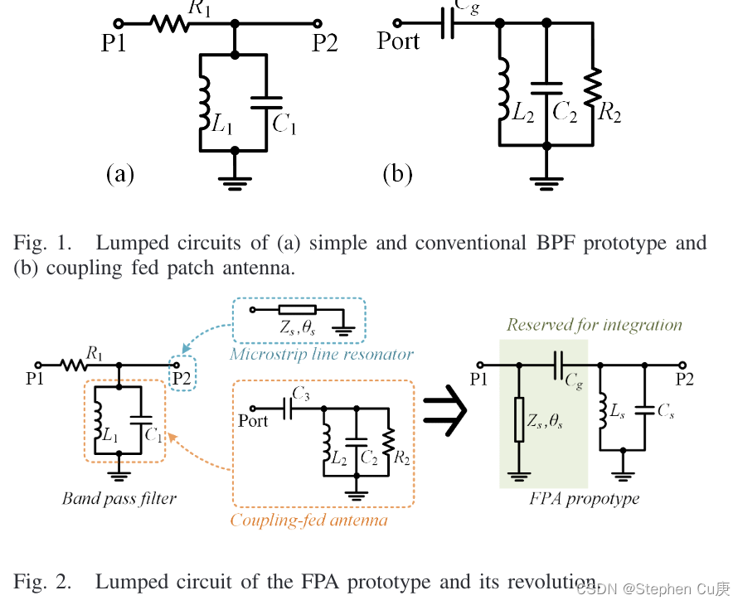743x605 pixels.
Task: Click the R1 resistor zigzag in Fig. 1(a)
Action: (x=170, y=24)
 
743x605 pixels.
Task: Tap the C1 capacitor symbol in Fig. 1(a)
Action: (x=266, y=103)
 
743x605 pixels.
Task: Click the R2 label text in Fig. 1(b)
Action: (x=609, y=114)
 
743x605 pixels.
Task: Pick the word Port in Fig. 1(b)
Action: (x=398, y=41)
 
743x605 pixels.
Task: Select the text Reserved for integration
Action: (x=594, y=325)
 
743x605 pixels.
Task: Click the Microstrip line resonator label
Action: (x=322, y=355)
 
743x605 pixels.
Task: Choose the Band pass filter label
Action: (x=119, y=499)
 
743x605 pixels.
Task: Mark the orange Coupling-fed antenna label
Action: (x=308, y=521)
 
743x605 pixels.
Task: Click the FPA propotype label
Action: (x=584, y=499)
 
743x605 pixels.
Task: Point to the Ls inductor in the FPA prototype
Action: (x=601, y=412)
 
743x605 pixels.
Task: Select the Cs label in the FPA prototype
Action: (x=665, y=413)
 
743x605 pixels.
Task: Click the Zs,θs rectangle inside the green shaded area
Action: (x=519, y=420)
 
